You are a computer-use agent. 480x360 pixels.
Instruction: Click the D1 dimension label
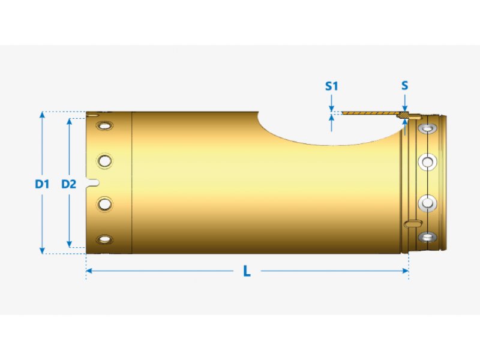tap(41, 184)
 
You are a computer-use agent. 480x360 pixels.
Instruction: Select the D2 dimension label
tap(69, 184)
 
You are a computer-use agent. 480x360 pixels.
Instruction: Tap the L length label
tap(247, 271)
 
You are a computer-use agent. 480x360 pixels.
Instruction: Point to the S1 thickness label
tap(332, 86)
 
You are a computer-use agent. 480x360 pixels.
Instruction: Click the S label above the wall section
tap(405, 85)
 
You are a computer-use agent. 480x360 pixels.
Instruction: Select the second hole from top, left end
tap(106, 161)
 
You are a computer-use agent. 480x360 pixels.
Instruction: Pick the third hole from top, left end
tap(106, 205)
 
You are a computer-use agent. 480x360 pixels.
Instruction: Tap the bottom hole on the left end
tap(106, 240)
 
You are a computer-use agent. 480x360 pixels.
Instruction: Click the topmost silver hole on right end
tap(428, 129)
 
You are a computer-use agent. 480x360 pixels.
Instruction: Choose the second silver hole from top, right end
tap(428, 161)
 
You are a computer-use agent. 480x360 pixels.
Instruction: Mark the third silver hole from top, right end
tap(428, 204)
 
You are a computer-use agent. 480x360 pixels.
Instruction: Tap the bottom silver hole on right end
tap(428, 237)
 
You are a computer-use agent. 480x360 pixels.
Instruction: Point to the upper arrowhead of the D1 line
tap(41, 114)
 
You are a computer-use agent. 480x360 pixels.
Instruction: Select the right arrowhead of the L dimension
tap(405, 271)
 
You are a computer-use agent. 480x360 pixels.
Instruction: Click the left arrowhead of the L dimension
tap(89, 271)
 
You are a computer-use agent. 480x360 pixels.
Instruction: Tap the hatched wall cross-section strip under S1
tap(372, 113)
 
